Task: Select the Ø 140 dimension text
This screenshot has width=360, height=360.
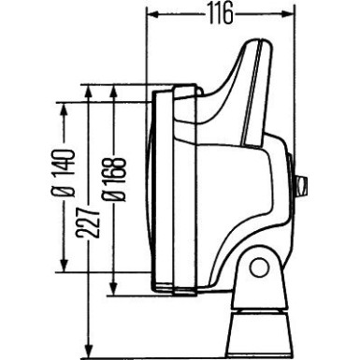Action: [x=64, y=177]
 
